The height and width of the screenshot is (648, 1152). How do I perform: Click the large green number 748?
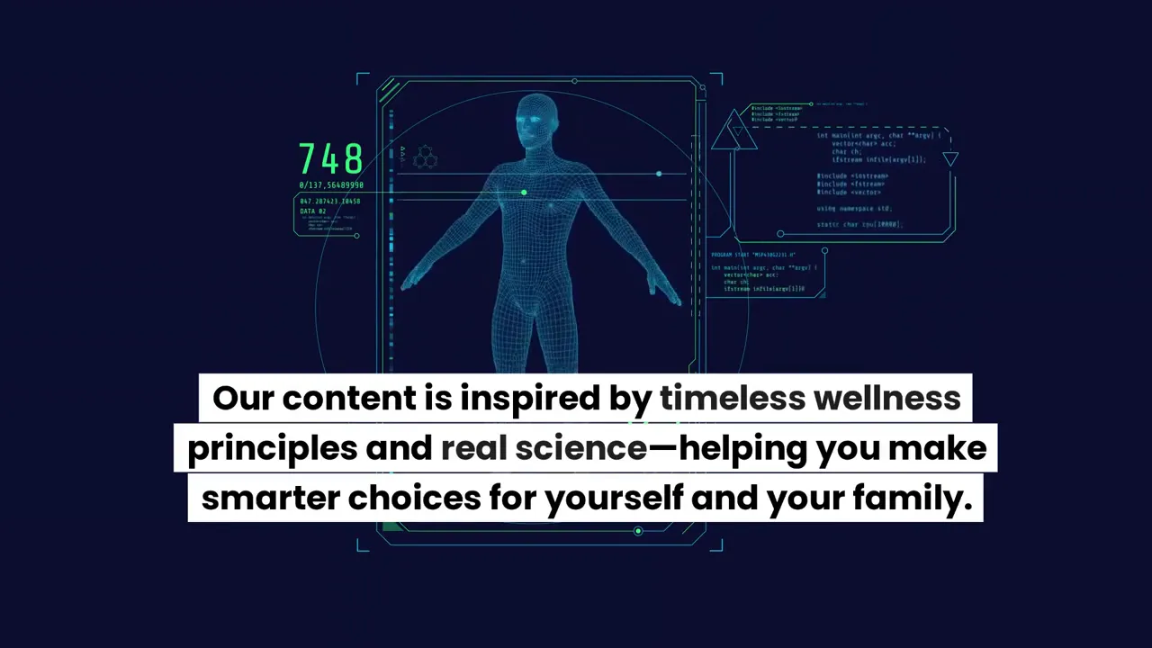coord(330,160)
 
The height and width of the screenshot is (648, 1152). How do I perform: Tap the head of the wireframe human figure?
coord(536,122)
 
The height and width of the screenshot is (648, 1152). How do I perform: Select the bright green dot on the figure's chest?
coord(524,193)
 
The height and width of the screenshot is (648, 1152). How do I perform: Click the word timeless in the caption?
coord(732,399)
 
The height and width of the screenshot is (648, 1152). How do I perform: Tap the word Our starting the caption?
coord(243,399)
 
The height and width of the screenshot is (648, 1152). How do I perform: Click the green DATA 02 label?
coord(313,211)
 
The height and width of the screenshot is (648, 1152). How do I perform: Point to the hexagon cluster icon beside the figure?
coord(425,158)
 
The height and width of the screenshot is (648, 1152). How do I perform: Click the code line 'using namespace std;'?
coord(853,209)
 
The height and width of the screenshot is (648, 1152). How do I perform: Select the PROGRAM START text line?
coord(753,255)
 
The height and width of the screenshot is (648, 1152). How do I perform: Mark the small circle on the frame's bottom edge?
coord(638,531)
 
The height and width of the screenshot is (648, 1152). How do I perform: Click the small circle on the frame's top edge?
coord(574,81)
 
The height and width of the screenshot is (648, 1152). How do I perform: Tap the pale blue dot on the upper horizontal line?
coord(659,174)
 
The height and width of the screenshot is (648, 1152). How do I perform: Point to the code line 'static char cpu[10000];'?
coord(859,224)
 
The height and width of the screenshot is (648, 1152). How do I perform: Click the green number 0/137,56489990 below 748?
coord(331,185)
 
